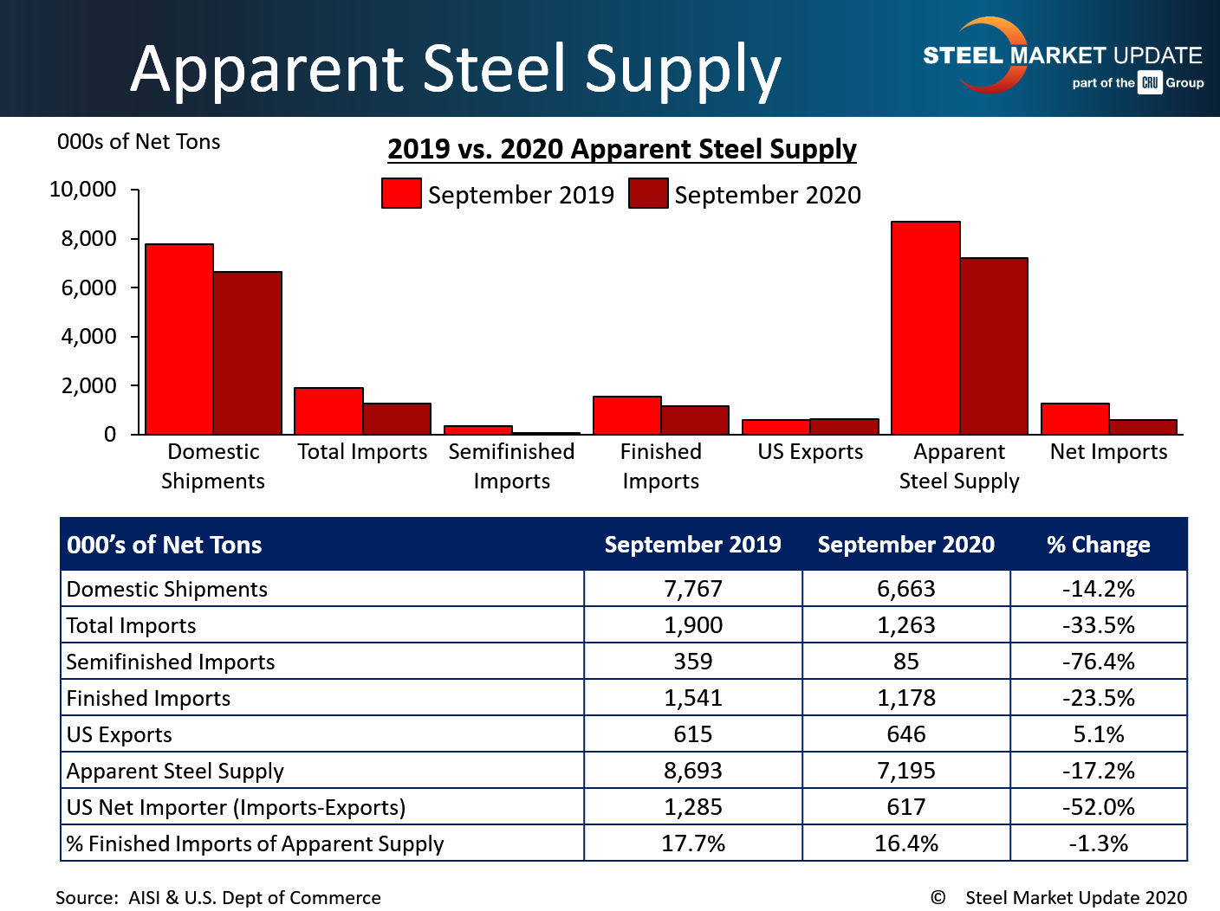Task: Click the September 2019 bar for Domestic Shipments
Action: (179, 339)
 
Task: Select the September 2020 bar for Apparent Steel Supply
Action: (994, 346)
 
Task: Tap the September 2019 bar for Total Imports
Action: (328, 411)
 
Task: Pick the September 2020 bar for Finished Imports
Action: (695, 420)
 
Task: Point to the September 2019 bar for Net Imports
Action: (1075, 419)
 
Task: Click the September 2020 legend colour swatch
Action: (648, 194)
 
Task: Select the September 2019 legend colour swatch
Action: (401, 194)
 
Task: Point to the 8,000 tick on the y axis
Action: (134, 238)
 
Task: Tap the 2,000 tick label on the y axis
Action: (88, 385)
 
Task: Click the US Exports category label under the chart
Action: (810, 452)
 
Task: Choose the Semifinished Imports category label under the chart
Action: (511, 466)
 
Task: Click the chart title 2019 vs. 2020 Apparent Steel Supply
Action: (621, 149)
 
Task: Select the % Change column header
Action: (1098, 545)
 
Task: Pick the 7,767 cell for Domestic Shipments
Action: (693, 589)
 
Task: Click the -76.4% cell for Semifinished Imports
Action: (1098, 662)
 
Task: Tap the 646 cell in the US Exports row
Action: (905, 734)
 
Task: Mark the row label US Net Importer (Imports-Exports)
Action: (236, 807)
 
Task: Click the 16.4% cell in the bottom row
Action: (905, 843)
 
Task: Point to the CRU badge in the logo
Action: (1150, 83)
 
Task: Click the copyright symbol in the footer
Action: (938, 898)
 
